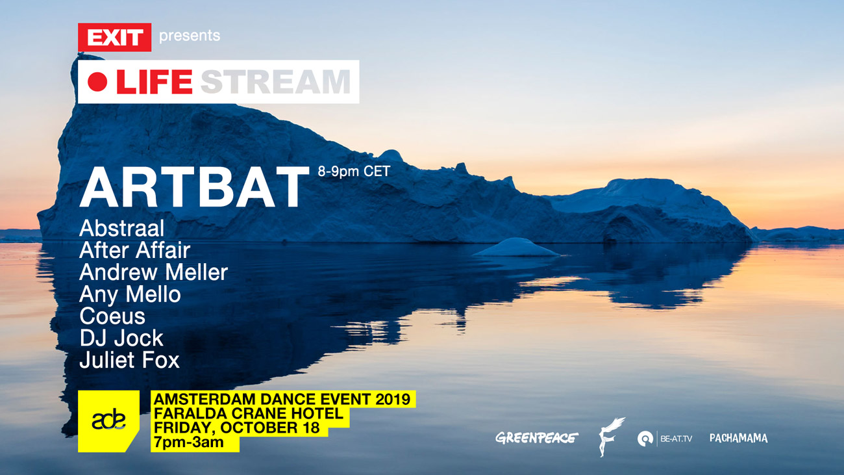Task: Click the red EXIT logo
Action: click(114, 37)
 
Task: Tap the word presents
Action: click(190, 36)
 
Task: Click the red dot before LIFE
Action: click(97, 82)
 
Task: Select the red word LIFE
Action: click(155, 82)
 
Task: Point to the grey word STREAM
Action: click(275, 82)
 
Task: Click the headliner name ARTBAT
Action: click(194, 187)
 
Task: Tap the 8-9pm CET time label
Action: click(354, 172)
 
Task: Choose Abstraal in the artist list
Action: click(122, 228)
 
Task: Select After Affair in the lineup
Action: click(135, 250)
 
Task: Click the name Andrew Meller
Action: click(154, 272)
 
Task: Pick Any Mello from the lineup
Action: click(130, 294)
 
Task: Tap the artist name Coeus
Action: click(112, 316)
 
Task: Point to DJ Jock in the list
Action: click(121, 338)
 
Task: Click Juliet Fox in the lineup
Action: click(130, 359)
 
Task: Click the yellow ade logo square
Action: click(108, 421)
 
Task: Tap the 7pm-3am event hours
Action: click(189, 443)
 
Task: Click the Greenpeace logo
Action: click(537, 438)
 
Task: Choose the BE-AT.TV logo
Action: click(665, 439)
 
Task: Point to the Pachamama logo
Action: click(739, 438)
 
